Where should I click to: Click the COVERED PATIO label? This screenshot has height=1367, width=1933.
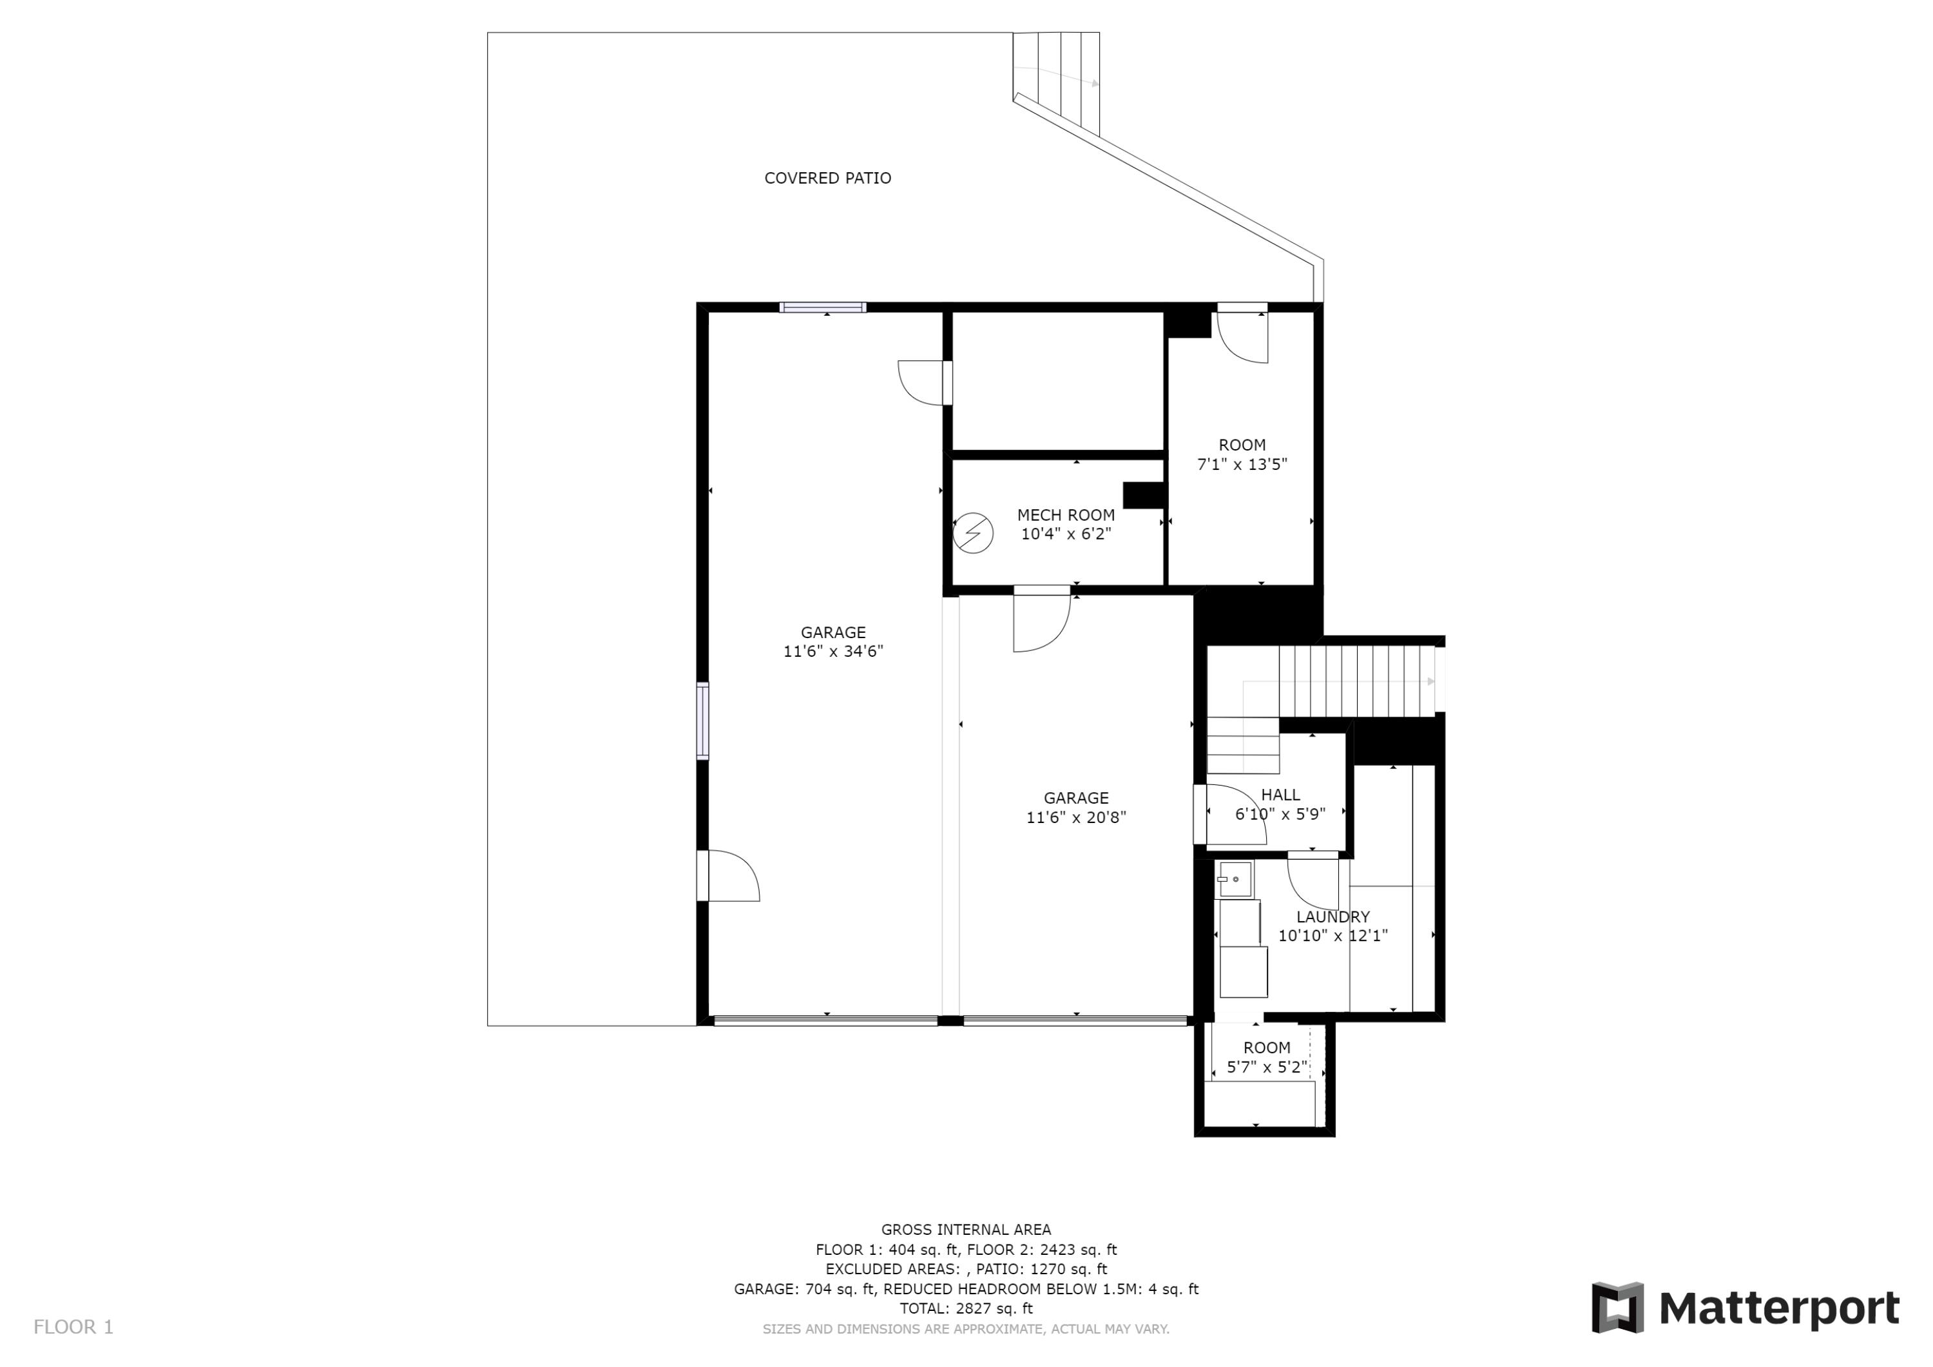pyautogui.click(x=827, y=178)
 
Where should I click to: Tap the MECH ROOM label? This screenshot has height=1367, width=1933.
pyautogui.click(x=1066, y=514)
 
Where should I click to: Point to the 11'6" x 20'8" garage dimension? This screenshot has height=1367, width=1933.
pyautogui.click(x=1076, y=817)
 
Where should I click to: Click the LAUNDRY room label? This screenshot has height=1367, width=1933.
pyautogui.click(x=1332, y=916)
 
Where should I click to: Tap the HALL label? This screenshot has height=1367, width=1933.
pyautogui.click(x=1280, y=794)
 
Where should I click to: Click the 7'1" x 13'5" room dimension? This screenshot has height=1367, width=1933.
pyautogui.click(x=1243, y=464)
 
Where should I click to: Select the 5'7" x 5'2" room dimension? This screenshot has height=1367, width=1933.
pyautogui.click(x=1267, y=1067)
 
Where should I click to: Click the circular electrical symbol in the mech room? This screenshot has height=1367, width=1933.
pyautogui.click(x=973, y=533)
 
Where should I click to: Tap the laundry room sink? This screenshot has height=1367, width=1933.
pyautogui.click(x=1235, y=878)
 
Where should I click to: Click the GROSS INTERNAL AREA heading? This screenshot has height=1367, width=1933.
pyautogui.click(x=966, y=1230)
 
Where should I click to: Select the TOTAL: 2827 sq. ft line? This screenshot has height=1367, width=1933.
pyautogui.click(x=966, y=1308)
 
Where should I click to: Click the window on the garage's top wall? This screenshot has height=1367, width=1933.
pyautogui.click(x=823, y=307)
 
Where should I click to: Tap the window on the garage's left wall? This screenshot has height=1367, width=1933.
pyautogui.click(x=702, y=722)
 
